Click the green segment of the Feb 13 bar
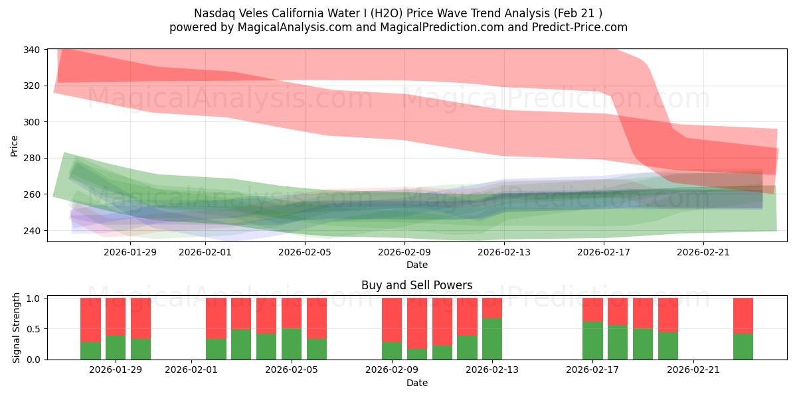pos(492,339)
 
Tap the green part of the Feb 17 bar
pos(592,340)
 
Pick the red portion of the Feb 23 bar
pos(743,316)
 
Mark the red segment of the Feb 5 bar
pos(292,313)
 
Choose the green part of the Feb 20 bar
pos(668,346)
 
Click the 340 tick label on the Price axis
pos(32,50)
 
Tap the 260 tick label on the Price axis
pos(32,194)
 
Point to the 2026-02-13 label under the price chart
pos(504,252)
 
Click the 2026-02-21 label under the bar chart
pos(693,370)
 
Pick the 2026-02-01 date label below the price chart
pos(205,252)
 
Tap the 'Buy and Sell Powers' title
pos(417,286)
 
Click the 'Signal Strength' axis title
pos(17,328)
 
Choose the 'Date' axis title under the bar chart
pos(417,383)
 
